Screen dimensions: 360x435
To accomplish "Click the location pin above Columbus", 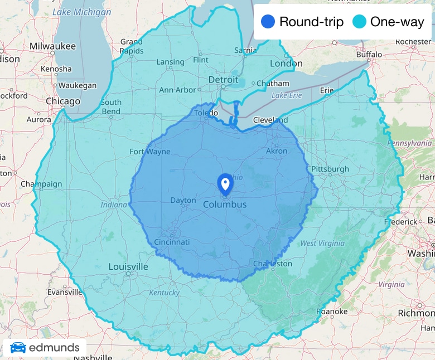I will pyautogui.click(x=225, y=183).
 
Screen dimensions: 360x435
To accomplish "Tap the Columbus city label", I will pyautogui.click(x=224, y=205).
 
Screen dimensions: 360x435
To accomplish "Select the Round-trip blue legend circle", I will pyautogui.click(x=268, y=22).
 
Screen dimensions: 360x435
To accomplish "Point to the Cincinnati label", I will pyautogui.click(x=172, y=242).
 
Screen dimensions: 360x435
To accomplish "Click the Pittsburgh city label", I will pyautogui.click(x=330, y=169).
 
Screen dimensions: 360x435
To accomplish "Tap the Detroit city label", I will pyautogui.click(x=223, y=80).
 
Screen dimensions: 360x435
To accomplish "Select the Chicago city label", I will pyautogui.click(x=62, y=101).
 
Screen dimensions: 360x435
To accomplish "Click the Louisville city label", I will pyautogui.click(x=128, y=266).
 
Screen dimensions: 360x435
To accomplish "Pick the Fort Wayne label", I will pyautogui.click(x=150, y=151).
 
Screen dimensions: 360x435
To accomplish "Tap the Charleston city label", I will pyautogui.click(x=272, y=263).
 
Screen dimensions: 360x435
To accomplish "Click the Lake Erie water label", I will pyautogui.click(x=287, y=95).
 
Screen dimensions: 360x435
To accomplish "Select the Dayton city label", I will pyautogui.click(x=183, y=200).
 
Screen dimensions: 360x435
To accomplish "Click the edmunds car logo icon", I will pyautogui.click(x=18, y=348).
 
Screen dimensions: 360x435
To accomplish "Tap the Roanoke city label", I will pyautogui.click(x=332, y=311).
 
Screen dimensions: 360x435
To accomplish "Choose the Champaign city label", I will pyautogui.click(x=41, y=184).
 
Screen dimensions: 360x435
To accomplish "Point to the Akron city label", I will pyautogui.click(x=277, y=151).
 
